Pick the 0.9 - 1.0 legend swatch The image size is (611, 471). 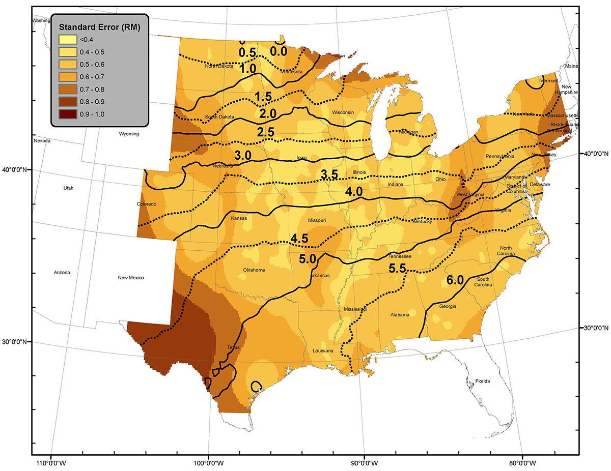(x=66, y=113)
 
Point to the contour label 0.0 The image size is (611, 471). (x=279, y=51)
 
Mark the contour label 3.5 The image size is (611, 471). (x=329, y=174)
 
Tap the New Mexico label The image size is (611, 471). (x=131, y=278)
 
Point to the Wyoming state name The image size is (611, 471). (x=128, y=134)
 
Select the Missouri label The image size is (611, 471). (x=316, y=220)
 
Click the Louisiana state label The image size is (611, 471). (x=323, y=351)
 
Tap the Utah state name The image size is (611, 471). (x=68, y=188)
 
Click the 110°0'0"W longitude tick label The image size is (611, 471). (x=50, y=463)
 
